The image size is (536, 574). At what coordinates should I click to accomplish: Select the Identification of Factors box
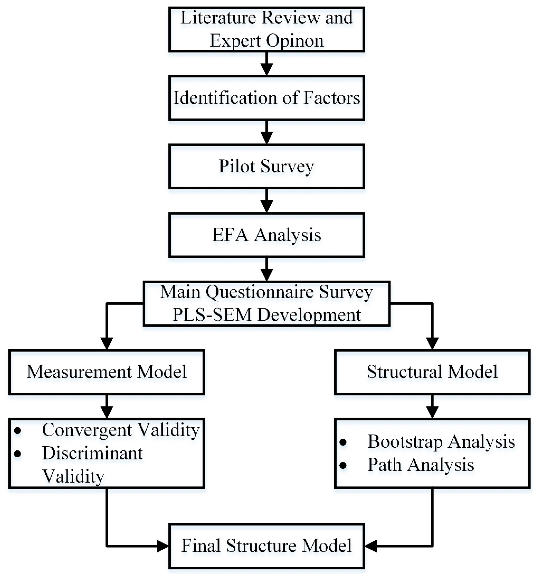267,98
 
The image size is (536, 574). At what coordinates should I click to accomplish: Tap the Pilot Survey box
267,166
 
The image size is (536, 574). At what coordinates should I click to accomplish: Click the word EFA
230,235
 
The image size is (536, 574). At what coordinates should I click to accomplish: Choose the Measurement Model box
106,372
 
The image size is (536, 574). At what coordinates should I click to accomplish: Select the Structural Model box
432,372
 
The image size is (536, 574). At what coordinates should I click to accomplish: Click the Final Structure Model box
267,546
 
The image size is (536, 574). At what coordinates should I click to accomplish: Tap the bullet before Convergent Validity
18,430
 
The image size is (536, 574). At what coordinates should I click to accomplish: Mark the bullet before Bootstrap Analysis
343,442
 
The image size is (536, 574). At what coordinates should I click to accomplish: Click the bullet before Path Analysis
343,465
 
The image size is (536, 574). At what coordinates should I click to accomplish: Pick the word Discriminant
92,453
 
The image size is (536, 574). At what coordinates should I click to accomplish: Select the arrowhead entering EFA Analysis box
267,206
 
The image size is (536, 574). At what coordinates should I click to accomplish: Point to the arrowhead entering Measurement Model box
106,344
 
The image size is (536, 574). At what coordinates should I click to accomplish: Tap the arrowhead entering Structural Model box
432,344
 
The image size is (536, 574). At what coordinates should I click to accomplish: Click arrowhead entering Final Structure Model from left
162,546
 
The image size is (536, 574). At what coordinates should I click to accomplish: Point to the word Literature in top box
218,18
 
